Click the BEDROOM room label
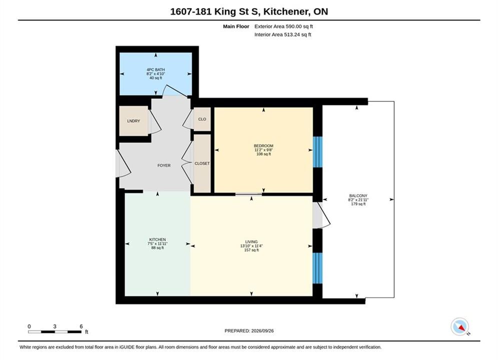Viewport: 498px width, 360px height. (263, 146)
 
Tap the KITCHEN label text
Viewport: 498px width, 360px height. (158, 239)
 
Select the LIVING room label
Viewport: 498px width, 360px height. (251, 241)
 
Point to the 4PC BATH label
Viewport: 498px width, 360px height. (156, 70)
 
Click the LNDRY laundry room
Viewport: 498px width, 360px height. (134, 121)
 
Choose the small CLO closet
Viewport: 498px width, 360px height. (202, 119)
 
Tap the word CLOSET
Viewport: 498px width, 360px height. (202, 163)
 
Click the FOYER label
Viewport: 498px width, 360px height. (164, 165)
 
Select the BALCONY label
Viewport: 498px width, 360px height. (358, 196)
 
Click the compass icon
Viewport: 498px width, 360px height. (459, 326)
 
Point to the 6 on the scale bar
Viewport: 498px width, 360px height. (81, 326)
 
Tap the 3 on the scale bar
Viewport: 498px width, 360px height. (55, 326)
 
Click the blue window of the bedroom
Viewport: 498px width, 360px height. (318, 152)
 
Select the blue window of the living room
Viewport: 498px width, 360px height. (318, 268)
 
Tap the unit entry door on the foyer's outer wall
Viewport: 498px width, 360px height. (123, 163)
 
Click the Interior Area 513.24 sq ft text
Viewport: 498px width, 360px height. (283, 34)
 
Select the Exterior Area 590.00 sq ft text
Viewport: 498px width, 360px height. (284, 26)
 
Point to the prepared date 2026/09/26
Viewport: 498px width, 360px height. (262, 331)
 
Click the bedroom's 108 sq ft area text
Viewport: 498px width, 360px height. (264, 154)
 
